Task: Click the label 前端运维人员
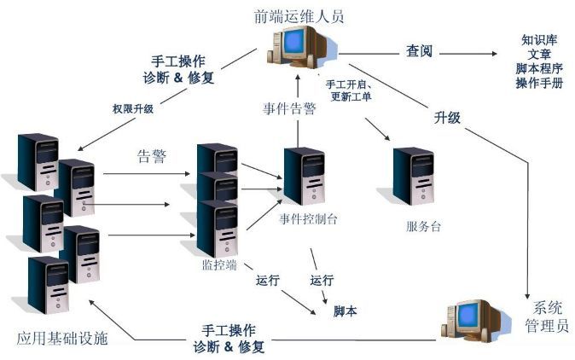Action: [299, 16]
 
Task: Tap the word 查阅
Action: [419, 51]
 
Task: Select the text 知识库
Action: [539, 40]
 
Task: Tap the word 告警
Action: [152, 157]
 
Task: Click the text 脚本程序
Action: [539, 68]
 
